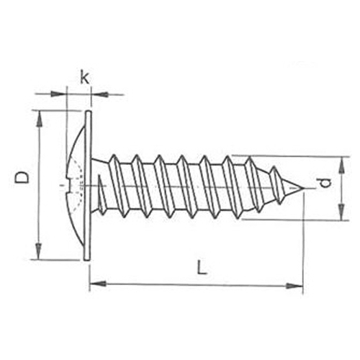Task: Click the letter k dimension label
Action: pyautogui.click(x=84, y=77)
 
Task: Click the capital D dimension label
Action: pyautogui.click(x=22, y=178)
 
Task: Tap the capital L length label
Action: pyautogui.click(x=202, y=267)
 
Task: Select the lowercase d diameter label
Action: pyautogui.click(x=325, y=184)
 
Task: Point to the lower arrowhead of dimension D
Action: pyautogui.click(x=39, y=251)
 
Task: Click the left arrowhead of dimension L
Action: pyautogui.click(x=98, y=284)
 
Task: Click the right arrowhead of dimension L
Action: pyautogui.click(x=294, y=286)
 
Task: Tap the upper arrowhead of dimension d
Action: pyautogui.click(x=342, y=165)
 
